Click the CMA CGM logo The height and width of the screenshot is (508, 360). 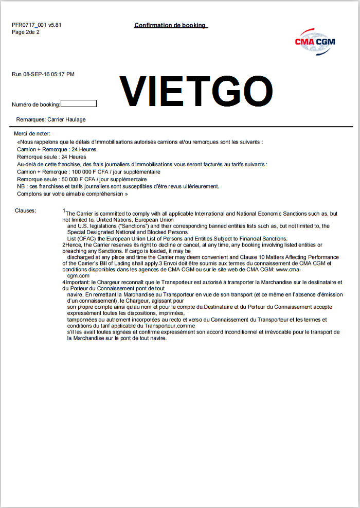pos(315,41)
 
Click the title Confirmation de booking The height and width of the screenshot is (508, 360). pos(170,25)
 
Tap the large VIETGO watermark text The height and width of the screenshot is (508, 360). pos(196,91)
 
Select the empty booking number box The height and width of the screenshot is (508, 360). pos(79,104)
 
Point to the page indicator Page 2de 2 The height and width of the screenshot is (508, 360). pos(26,32)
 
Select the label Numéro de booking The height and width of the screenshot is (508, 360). pos(36,105)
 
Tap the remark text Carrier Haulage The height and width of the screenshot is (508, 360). pos(66,119)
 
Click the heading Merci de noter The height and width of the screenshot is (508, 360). pos(32,134)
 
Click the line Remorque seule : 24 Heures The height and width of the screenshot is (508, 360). pos(51,156)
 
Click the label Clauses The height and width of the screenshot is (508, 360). pos(26,211)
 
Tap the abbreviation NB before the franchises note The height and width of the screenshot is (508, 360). pos(21,186)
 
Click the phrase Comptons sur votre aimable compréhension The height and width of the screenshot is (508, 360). pos(72,194)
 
